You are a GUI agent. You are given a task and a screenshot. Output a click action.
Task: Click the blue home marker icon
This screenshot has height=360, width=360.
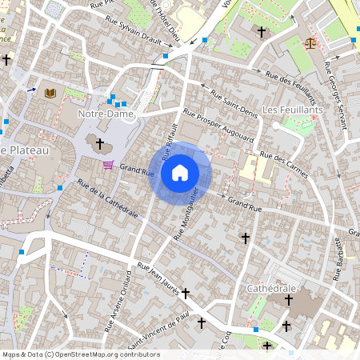[x=180, y=172]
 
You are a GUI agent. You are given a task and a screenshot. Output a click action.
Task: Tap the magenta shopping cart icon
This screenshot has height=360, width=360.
[x=108, y=165]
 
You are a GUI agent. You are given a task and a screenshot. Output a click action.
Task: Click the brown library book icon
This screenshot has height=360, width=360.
[x=50, y=94]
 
